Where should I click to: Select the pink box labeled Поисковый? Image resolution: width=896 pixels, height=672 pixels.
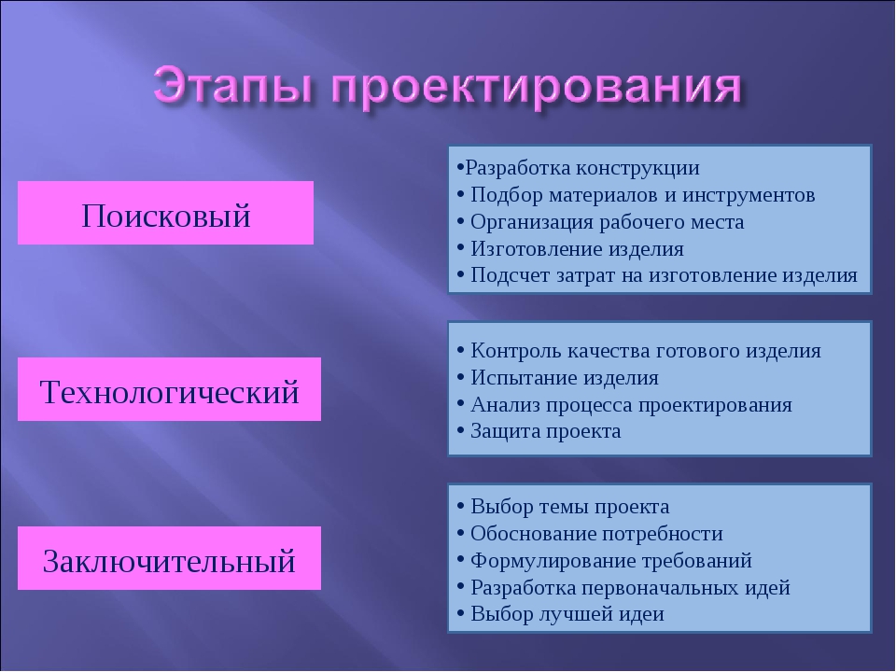pyautogui.click(x=166, y=213)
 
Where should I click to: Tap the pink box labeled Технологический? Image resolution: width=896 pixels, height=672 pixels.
pyautogui.click(x=169, y=389)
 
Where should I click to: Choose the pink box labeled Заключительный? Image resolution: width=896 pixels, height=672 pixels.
pyautogui.click(x=169, y=558)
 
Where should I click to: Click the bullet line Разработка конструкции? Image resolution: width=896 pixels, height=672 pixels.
pyautogui.click(x=579, y=169)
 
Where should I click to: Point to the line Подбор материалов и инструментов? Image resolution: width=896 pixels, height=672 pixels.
pyautogui.click(x=636, y=195)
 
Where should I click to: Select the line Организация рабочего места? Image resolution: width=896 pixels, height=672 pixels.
pyautogui.click(x=600, y=222)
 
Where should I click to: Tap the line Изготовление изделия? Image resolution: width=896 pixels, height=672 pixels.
pyautogui.click(x=570, y=249)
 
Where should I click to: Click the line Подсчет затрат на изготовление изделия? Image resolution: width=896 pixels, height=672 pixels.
pyautogui.click(x=657, y=275)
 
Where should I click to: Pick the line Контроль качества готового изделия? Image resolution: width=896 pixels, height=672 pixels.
pyautogui.click(x=638, y=351)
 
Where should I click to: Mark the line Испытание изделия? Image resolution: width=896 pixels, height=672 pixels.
pyautogui.click(x=558, y=378)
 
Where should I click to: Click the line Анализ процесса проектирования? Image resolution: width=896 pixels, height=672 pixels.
pyautogui.click(x=624, y=404)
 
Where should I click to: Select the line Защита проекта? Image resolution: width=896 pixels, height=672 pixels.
pyautogui.click(x=539, y=431)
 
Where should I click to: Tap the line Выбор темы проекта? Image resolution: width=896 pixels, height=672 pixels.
pyautogui.click(x=563, y=507)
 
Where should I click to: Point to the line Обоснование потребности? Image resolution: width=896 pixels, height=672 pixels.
pyautogui.click(x=590, y=534)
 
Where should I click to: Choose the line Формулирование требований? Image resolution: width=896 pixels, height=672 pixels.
pyautogui.click(x=605, y=561)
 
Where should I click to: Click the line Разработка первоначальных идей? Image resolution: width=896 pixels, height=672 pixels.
pyautogui.click(x=623, y=587)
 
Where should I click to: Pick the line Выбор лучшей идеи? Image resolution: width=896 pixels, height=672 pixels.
pyautogui.click(x=561, y=614)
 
